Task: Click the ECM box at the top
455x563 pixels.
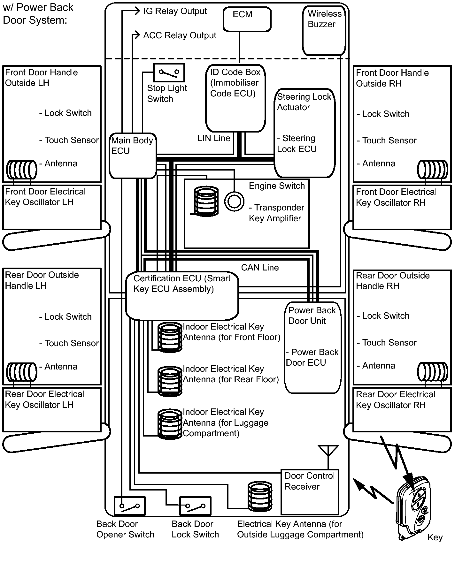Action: (247, 19)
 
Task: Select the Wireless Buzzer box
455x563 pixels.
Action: (324, 31)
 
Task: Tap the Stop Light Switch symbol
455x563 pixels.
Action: (169, 73)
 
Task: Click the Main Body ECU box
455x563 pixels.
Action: (133, 156)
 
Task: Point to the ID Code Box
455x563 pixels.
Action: (235, 98)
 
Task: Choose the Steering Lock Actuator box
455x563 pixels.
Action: (305, 133)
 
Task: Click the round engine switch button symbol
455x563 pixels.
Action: (234, 201)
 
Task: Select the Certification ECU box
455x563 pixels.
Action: (182, 296)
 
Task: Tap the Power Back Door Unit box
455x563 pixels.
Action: (312, 347)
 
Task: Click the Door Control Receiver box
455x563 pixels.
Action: (310, 492)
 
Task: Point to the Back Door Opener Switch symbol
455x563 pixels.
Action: (129, 506)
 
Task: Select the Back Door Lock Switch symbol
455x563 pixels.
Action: (195, 506)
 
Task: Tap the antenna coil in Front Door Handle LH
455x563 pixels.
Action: (22, 170)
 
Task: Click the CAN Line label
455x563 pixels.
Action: (260, 268)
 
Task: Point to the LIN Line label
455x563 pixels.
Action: (214, 138)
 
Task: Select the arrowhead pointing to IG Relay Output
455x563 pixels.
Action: (136, 11)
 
